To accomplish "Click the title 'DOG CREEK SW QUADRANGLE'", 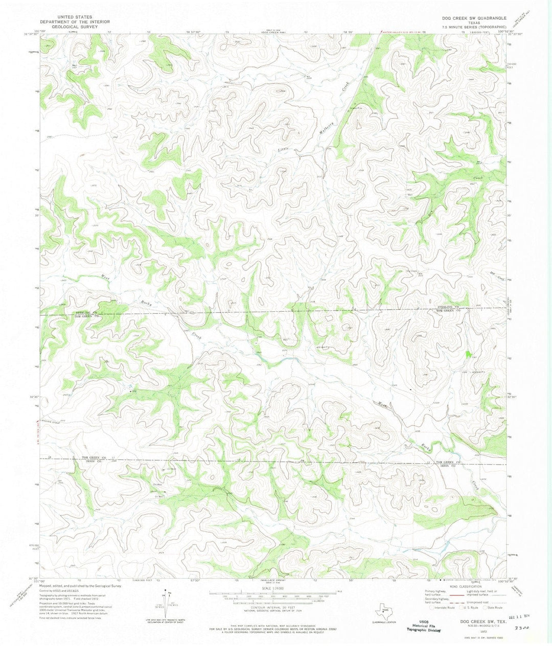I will tap(474, 18).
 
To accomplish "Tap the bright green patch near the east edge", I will tap(468, 353).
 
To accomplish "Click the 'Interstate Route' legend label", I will tap(444, 608).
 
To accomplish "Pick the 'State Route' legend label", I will tap(495, 608).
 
